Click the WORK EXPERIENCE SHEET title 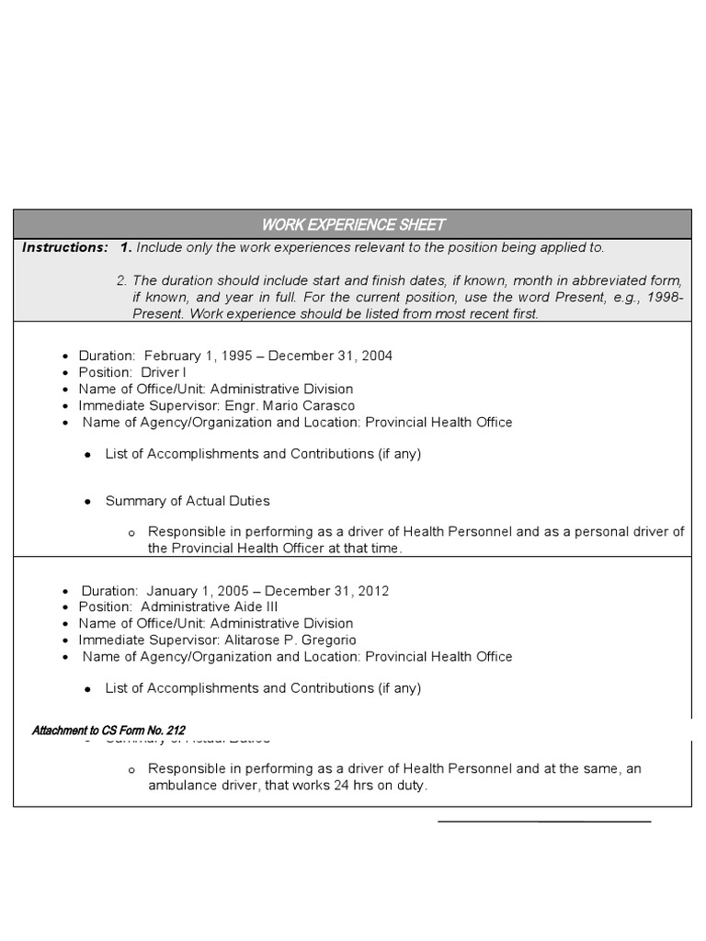[x=353, y=224]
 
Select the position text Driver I [x=163, y=372]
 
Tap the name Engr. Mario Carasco [x=290, y=405]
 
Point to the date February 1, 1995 [x=192, y=356]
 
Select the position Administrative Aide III [x=210, y=607]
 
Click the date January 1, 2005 [x=192, y=591]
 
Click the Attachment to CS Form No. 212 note [x=108, y=731]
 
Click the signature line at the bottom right [x=544, y=821]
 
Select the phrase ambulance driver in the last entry [x=197, y=786]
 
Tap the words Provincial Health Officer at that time [x=275, y=549]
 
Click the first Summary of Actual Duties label [x=188, y=501]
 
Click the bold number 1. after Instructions [x=126, y=247]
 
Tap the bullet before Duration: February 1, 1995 [x=65, y=357]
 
